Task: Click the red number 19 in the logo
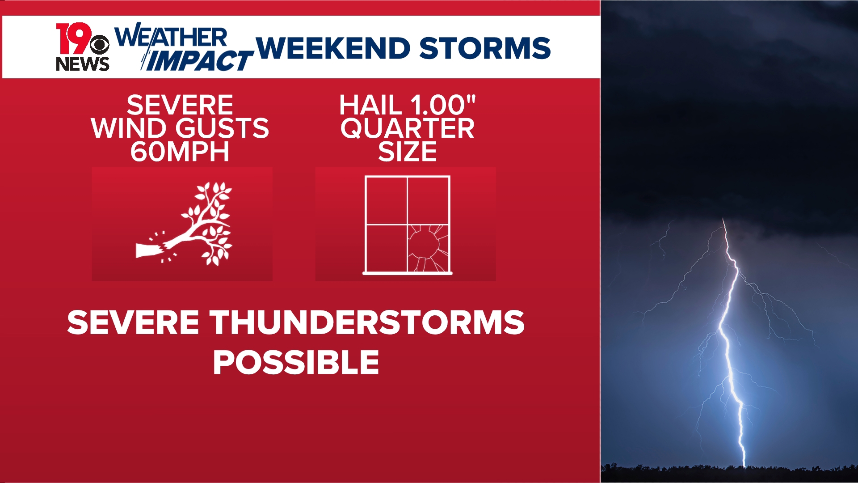(73, 38)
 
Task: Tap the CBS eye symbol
(99, 45)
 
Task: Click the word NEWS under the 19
(82, 64)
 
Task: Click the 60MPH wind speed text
(180, 152)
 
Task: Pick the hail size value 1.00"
(442, 105)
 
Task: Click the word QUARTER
(407, 128)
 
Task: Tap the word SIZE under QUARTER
(407, 152)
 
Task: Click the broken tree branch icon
(192, 224)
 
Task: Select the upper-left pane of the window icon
(386, 200)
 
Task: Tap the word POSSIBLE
(296, 362)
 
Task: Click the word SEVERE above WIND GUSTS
(180, 105)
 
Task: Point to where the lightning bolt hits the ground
(744, 465)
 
